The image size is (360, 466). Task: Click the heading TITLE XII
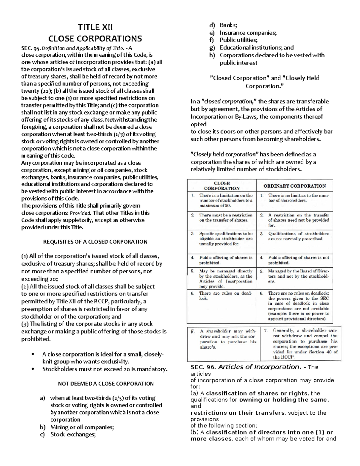(95, 28)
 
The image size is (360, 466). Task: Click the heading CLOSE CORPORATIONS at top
(95, 39)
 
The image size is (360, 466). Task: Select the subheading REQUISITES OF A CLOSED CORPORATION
(95, 242)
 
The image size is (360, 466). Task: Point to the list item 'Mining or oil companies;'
(82, 427)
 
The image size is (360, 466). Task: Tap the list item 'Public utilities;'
(238, 40)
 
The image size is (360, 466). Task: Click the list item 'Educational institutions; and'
(256, 47)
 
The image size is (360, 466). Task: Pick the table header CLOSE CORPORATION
(222, 186)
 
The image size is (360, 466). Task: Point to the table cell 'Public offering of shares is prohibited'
(226, 260)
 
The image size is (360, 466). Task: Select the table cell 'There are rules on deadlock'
(226, 296)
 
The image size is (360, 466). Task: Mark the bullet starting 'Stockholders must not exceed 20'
(105, 369)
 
